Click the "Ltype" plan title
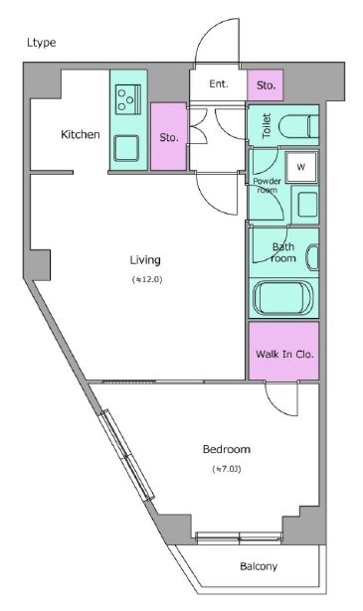(x=42, y=43)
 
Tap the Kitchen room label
(x=81, y=134)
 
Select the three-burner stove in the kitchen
(x=128, y=99)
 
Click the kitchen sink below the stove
(x=126, y=148)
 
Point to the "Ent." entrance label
(x=219, y=83)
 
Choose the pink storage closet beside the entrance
(x=266, y=85)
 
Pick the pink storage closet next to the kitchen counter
(x=168, y=136)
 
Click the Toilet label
(x=267, y=126)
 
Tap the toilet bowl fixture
(x=299, y=126)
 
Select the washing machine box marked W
(x=301, y=168)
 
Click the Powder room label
(x=268, y=186)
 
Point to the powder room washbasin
(x=307, y=205)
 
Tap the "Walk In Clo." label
(x=284, y=355)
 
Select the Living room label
(x=145, y=260)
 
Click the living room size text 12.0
(x=147, y=280)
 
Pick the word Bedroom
(x=227, y=449)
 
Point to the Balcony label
(x=259, y=566)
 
